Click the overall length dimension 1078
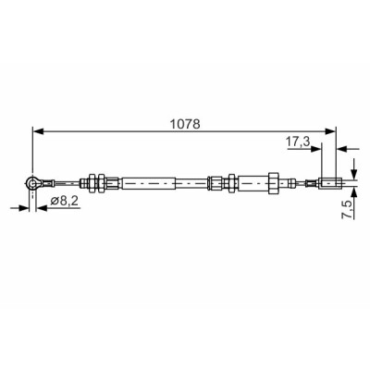pos(185,124)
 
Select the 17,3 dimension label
pos(298,142)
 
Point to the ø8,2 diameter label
pos(64,201)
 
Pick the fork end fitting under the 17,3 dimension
pos(331,183)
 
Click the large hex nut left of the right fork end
pos(274,183)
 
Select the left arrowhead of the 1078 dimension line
pos(38,131)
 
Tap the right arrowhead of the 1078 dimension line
pos(330,131)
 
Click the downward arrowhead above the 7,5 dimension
pos(354,174)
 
